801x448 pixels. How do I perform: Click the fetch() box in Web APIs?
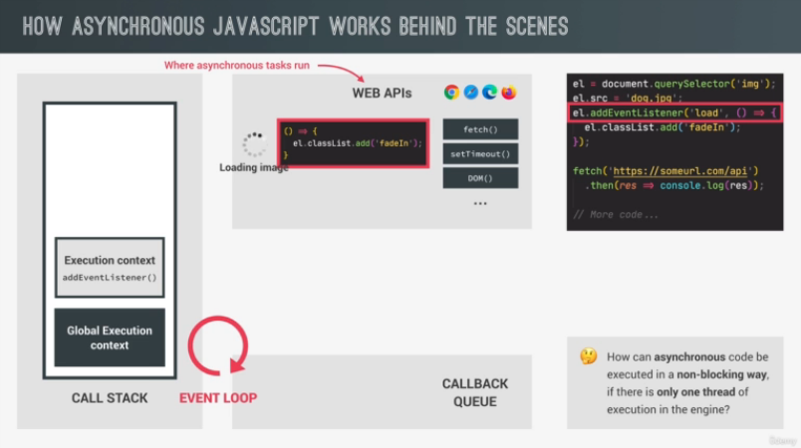[x=480, y=130]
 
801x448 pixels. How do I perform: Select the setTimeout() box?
[x=480, y=154]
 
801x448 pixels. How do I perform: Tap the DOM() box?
[x=480, y=179]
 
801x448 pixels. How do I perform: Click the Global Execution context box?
[x=110, y=337]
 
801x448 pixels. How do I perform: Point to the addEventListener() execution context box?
[x=110, y=268]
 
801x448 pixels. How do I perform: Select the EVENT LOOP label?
[x=217, y=398]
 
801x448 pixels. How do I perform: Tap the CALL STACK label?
[x=110, y=398]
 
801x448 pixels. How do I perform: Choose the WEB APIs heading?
[x=382, y=93]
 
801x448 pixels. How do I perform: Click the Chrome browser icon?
[x=451, y=93]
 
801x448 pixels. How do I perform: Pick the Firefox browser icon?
[x=509, y=93]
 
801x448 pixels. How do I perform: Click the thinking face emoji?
[x=589, y=355]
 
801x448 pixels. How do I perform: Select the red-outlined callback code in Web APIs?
[x=353, y=143]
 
